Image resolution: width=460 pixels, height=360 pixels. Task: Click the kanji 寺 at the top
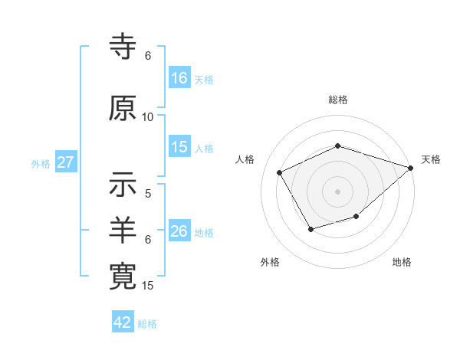click(x=123, y=47)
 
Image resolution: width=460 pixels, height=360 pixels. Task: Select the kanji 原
click(x=123, y=108)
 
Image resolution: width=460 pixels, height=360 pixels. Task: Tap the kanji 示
click(x=123, y=185)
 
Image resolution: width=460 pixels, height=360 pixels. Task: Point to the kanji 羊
click(x=123, y=231)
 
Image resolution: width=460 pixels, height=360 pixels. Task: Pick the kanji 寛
click(x=123, y=277)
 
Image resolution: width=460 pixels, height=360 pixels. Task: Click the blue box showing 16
click(x=179, y=78)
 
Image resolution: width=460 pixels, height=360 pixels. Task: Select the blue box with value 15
click(x=179, y=148)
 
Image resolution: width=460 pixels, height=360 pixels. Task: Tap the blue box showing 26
click(x=179, y=231)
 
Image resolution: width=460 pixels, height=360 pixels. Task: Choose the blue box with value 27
click(x=65, y=162)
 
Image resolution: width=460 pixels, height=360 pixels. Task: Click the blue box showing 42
click(x=123, y=322)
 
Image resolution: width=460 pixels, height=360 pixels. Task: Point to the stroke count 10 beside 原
click(x=148, y=116)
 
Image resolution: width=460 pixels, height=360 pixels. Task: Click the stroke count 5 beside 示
click(x=148, y=194)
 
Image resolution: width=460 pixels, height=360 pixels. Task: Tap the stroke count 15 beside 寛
click(x=148, y=286)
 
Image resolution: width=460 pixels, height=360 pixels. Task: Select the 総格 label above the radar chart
click(x=338, y=100)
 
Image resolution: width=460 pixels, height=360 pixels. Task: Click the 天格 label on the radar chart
click(x=431, y=159)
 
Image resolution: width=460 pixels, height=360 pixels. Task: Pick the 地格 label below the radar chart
click(x=402, y=262)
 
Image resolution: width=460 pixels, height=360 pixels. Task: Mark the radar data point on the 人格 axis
click(x=280, y=172)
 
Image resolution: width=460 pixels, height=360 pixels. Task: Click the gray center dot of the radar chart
click(x=338, y=191)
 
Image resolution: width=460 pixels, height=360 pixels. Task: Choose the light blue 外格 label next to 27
click(x=41, y=163)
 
